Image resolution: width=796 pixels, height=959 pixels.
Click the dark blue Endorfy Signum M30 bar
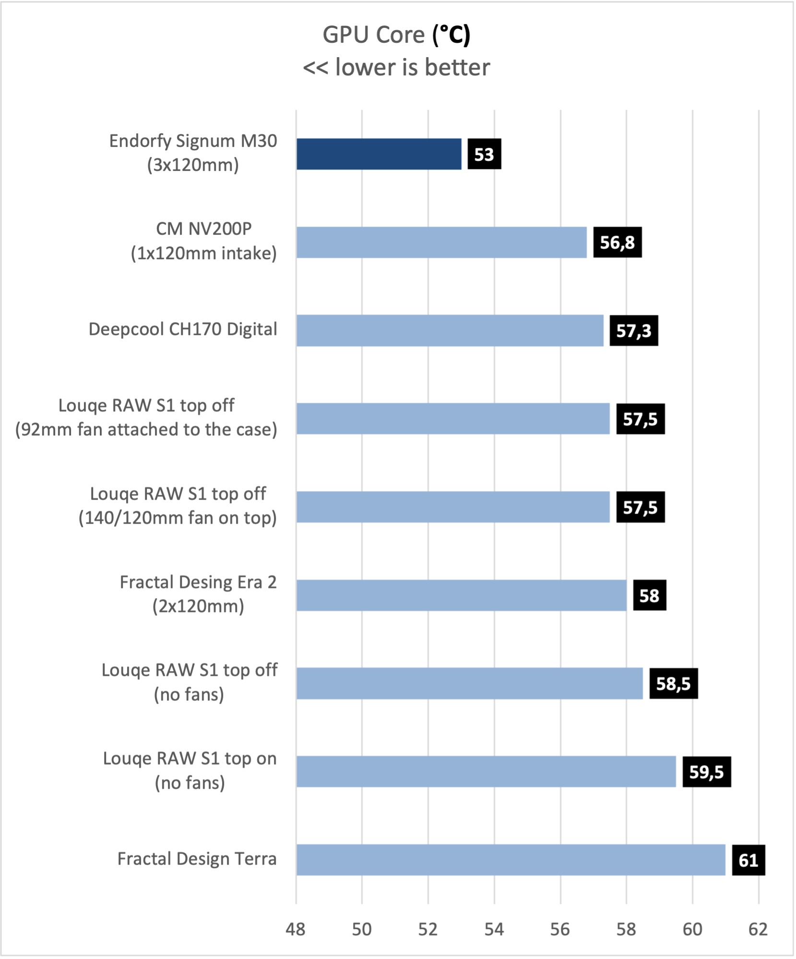pos(379,154)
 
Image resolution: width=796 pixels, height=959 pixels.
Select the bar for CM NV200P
pos(441,242)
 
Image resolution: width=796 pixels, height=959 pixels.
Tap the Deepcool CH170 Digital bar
pos(450,331)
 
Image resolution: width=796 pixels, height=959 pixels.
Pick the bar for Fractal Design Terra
pos(511,860)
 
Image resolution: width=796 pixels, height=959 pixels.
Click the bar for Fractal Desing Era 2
pos(461,595)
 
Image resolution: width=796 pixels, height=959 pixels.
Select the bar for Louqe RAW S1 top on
pos(486,772)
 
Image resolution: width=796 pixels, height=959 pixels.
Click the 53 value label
pos(484,154)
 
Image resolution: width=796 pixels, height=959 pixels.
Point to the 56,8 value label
pos(617,242)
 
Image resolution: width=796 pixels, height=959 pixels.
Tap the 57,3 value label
pos(633,331)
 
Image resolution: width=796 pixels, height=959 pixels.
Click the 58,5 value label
pos(673,683)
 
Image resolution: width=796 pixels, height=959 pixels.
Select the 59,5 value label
pos(706,772)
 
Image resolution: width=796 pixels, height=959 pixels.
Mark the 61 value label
pos(748,860)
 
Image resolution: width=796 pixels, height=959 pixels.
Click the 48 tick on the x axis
pos(296,930)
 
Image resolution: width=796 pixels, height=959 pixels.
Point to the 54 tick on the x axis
pos(494,930)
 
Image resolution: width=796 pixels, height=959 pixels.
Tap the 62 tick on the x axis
pos(758,930)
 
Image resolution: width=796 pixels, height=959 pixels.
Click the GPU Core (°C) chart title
pos(396,35)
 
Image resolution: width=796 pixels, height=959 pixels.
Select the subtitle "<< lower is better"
pos(396,67)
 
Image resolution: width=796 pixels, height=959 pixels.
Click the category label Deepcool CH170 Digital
pos(183,330)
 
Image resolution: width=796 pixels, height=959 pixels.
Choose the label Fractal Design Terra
pos(197,859)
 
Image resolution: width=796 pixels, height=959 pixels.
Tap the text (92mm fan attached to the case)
pos(146,430)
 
